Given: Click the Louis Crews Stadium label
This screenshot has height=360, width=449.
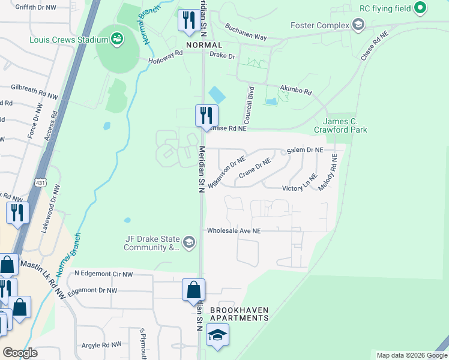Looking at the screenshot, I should point(68,40).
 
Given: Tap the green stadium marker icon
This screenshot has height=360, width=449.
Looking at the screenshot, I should point(117,40).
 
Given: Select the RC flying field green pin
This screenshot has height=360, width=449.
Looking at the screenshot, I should point(420,8).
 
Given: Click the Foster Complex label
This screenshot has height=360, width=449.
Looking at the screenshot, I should point(319,25).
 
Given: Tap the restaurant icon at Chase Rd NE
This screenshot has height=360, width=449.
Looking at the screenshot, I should point(206,115).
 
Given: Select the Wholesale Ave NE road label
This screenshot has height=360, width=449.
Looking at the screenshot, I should point(234,230).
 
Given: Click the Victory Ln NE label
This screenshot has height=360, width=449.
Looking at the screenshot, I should point(300,188).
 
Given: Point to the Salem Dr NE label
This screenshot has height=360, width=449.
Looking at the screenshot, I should point(305,149).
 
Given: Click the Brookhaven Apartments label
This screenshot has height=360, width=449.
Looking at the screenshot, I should point(239,314).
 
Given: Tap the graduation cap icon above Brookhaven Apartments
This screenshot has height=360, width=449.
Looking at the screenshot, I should point(217,334).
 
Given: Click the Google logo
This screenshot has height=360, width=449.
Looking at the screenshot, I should point(20,352).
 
